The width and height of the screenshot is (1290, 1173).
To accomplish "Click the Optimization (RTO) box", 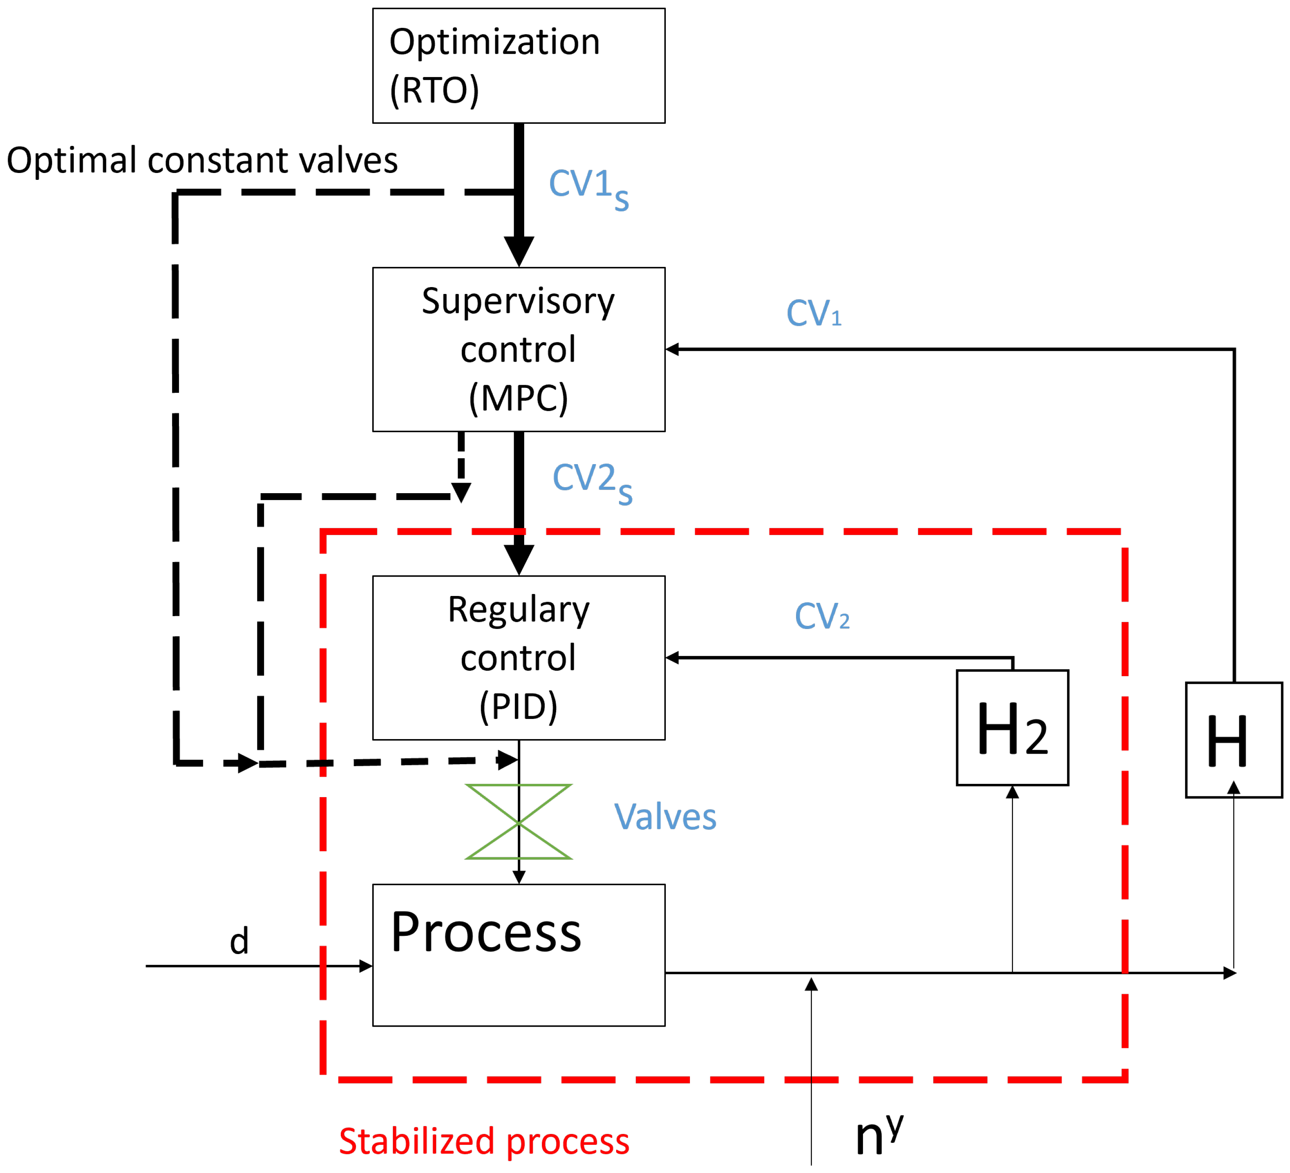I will [518, 65].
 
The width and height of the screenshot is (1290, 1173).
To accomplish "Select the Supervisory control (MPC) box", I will [518, 350].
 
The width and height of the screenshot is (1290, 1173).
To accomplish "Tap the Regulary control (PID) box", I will [518, 658].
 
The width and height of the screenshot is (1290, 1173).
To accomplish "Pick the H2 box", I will [1012, 727].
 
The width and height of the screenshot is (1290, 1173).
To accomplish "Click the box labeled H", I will [1233, 740].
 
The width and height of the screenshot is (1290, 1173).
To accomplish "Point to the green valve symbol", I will [518, 822].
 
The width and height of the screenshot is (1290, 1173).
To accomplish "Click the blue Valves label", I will [665, 817].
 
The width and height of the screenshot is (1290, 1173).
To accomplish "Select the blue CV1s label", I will [589, 188].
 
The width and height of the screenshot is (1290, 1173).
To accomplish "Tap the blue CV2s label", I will [592, 483].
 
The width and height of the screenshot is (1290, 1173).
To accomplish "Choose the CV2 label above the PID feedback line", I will [821, 616].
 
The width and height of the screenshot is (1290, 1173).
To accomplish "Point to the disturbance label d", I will [239, 942].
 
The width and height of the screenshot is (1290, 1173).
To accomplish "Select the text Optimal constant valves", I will [202, 160].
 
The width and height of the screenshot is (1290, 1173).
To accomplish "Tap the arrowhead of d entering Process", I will [367, 966].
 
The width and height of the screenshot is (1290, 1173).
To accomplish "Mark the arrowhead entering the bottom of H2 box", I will [1012, 793].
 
